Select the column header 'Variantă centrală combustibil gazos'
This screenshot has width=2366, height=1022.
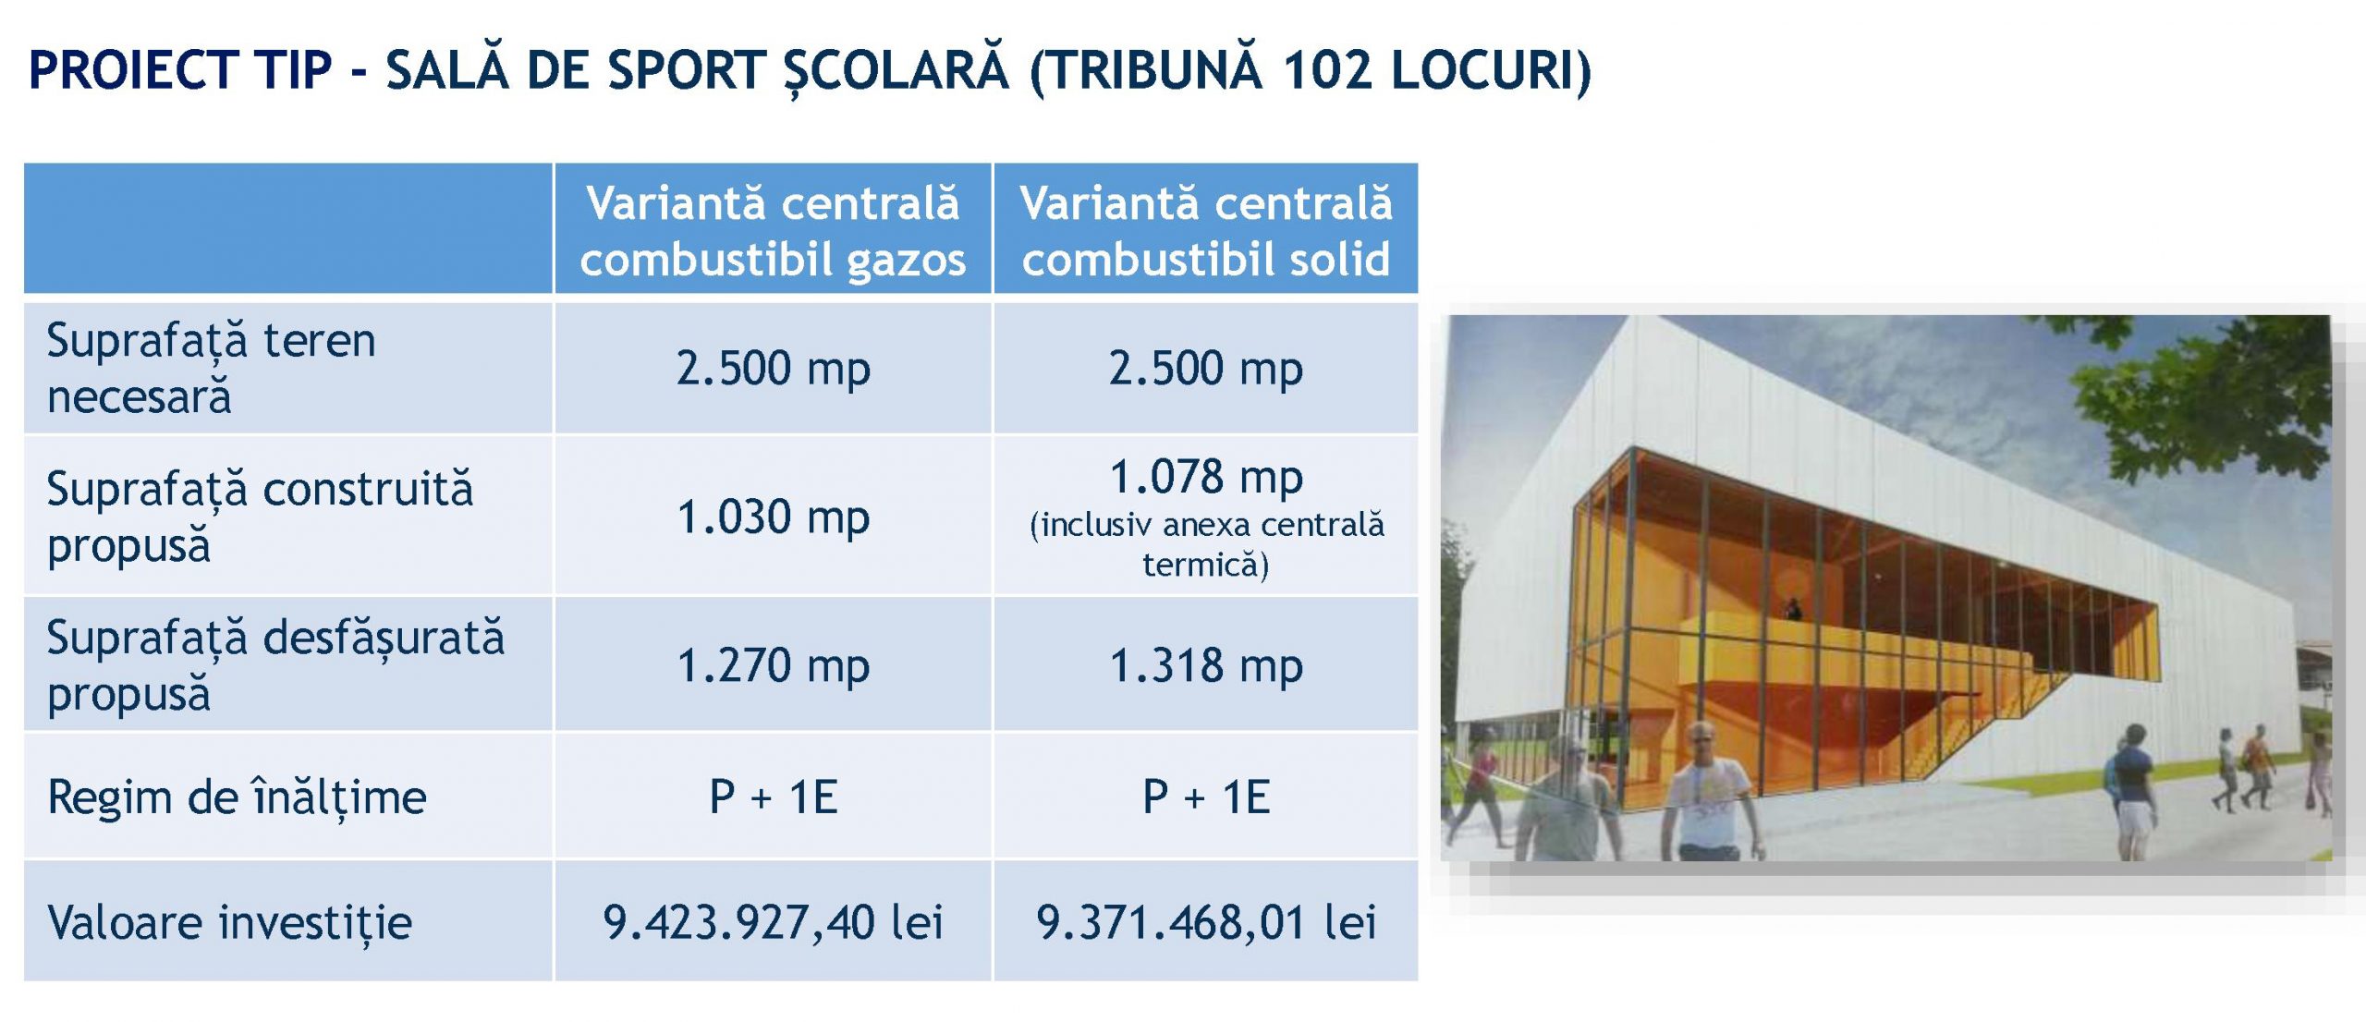pyautogui.click(x=773, y=231)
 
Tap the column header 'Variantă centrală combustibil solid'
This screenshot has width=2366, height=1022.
pyautogui.click(x=1206, y=231)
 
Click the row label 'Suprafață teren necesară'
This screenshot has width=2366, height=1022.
pyautogui.click(x=212, y=368)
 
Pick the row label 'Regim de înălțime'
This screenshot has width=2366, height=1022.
pyautogui.click(x=238, y=797)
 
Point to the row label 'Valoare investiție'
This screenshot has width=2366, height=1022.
pyautogui.click(x=230, y=922)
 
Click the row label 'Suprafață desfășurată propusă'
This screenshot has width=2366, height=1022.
pyautogui.click(x=276, y=665)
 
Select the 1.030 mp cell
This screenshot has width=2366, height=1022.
pyautogui.click(x=774, y=517)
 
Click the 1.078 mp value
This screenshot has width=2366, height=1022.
pyautogui.click(x=1206, y=477)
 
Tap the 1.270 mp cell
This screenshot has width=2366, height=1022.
pyautogui.click(x=774, y=665)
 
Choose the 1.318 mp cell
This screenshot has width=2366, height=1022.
pyautogui.click(x=1206, y=665)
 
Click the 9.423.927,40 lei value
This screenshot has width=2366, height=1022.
pyautogui.click(x=774, y=922)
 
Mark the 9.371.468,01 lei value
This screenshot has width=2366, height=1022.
pyautogui.click(x=1206, y=922)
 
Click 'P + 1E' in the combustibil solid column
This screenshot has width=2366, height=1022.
pyautogui.click(x=1206, y=797)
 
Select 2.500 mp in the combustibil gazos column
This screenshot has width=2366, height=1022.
pyautogui.click(x=774, y=368)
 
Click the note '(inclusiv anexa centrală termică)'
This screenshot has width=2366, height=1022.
pyautogui.click(x=1206, y=544)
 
